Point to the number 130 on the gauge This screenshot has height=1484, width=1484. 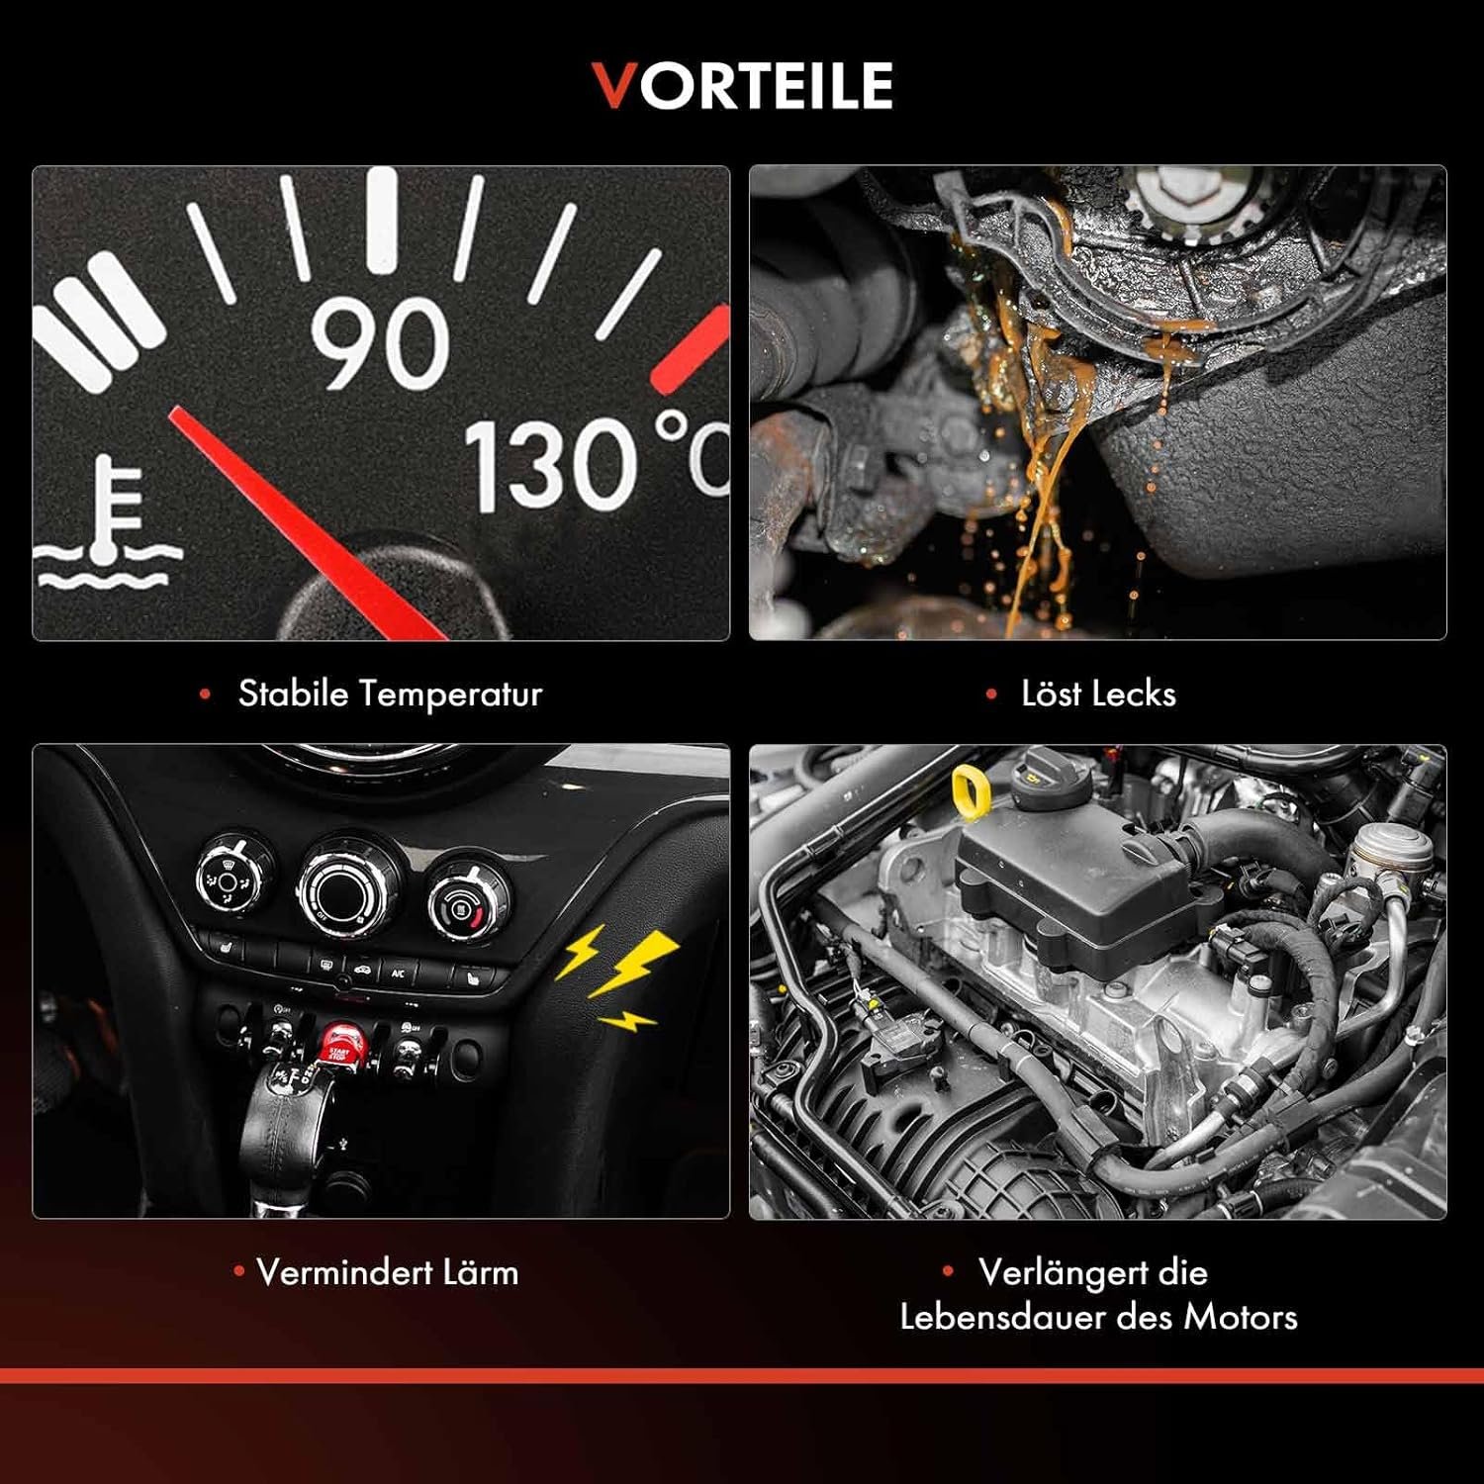pos(551,465)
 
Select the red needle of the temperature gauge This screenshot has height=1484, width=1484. pos(307,523)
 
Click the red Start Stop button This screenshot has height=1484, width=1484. pos(340,1042)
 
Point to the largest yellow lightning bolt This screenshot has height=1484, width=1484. pos(633,963)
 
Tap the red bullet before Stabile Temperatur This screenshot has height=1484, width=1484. pos(205,695)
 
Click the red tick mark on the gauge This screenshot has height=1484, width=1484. pos(690,349)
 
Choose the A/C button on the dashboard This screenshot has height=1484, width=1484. pos(398,973)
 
